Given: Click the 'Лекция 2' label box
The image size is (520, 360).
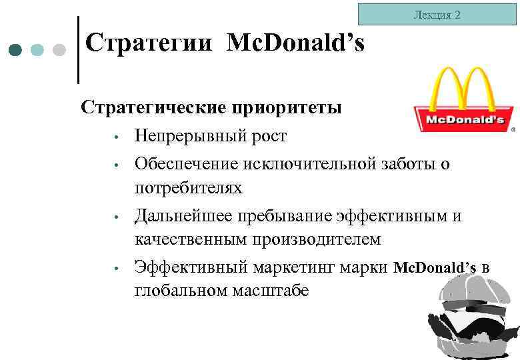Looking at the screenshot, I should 437,14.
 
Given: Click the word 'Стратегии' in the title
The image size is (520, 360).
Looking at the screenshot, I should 151,44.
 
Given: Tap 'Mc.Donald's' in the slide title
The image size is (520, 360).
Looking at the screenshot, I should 295,44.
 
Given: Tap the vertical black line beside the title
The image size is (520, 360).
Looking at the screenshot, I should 79,50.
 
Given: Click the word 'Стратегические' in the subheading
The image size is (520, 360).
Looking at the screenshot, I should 152,107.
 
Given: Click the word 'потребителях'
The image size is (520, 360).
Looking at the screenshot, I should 189,188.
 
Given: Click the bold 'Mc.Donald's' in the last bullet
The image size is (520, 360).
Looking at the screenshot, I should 435,267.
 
